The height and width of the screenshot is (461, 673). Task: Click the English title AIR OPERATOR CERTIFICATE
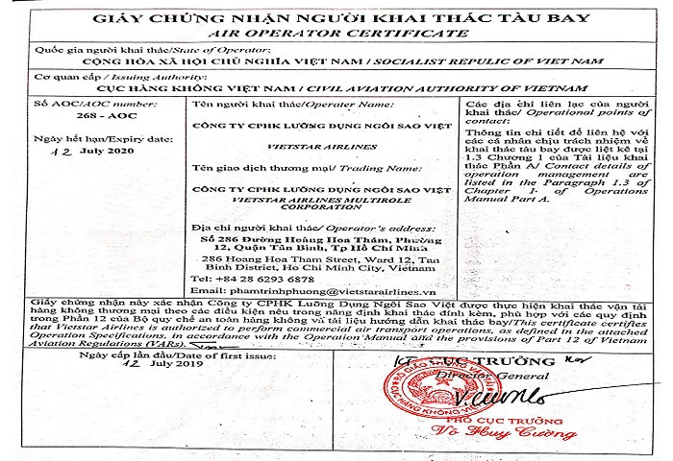336,31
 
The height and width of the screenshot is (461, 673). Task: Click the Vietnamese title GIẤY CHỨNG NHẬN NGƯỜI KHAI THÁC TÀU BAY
336,14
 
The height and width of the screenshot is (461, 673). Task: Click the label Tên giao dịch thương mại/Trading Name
269,169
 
